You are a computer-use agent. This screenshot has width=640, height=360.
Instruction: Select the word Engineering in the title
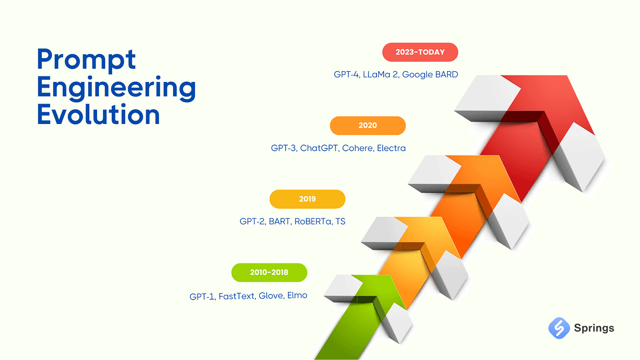click(x=116, y=88)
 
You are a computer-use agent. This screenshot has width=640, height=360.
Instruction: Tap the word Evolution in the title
click(x=98, y=115)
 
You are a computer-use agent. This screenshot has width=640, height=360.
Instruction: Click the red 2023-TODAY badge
click(x=420, y=52)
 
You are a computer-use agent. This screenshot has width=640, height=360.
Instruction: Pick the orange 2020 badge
click(x=368, y=125)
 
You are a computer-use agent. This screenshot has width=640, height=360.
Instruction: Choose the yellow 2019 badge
click(x=307, y=199)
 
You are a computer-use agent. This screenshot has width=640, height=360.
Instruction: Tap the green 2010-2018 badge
click(x=269, y=272)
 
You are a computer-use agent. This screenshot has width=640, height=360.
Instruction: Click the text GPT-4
click(x=346, y=74)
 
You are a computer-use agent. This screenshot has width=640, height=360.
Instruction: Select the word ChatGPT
click(x=319, y=148)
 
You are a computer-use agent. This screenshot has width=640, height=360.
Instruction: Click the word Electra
click(x=391, y=148)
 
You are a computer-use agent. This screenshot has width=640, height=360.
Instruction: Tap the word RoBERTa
click(x=312, y=221)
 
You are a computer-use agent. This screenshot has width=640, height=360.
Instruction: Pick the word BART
click(x=279, y=221)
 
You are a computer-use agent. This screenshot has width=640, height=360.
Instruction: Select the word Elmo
click(x=297, y=296)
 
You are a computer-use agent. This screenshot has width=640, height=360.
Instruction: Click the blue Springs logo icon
click(x=559, y=328)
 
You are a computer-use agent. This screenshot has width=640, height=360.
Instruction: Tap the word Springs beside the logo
click(x=594, y=328)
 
